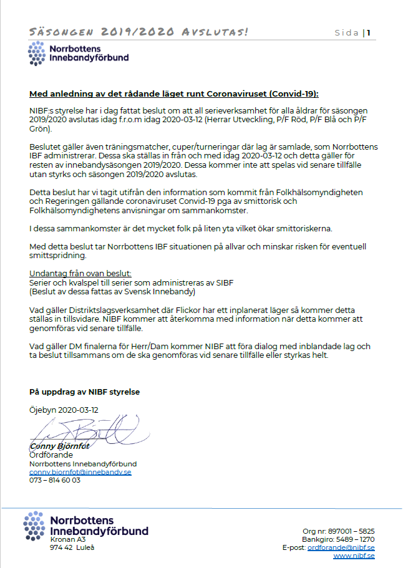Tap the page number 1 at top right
(x=369, y=33)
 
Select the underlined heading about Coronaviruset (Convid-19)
(x=174, y=94)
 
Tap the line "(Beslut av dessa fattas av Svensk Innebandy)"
(x=112, y=291)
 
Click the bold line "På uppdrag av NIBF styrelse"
(x=85, y=392)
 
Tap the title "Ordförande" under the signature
(x=51, y=455)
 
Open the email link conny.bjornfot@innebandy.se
(x=80, y=473)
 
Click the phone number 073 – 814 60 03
(x=55, y=481)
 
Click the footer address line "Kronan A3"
(x=67, y=539)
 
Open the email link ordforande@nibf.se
(x=341, y=547)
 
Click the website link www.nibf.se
(x=354, y=556)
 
